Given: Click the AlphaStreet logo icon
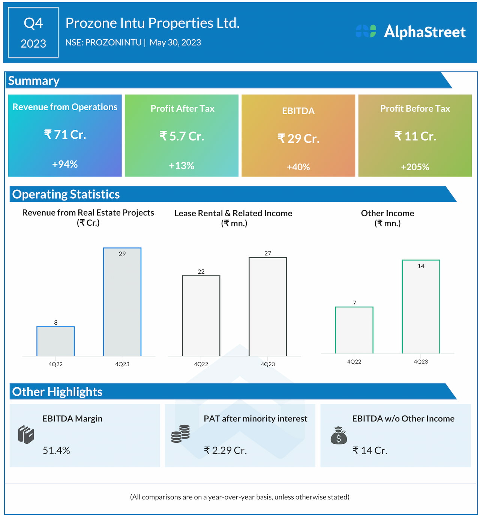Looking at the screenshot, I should tap(366, 31).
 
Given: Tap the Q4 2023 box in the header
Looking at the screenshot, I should tap(33, 33).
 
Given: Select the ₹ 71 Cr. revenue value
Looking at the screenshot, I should tap(65, 134).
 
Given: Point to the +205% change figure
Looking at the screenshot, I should tap(415, 167).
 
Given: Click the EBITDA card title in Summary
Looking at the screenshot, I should tap(298, 111).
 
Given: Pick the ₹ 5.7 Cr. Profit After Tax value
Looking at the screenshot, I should tap(182, 136).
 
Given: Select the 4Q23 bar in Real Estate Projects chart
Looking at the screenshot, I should tap(122, 302).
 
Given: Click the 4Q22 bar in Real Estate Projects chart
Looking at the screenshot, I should tap(55, 341).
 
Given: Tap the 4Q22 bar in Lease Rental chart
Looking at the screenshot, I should tap(201, 316).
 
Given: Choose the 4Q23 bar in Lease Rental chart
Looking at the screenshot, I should tap(268, 307).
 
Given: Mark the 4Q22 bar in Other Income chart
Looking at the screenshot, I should tap(354, 330).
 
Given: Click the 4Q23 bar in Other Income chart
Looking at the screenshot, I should tap(421, 307).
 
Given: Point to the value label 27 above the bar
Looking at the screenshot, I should tap(268, 253).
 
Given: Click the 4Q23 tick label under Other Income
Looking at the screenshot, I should tap(421, 362).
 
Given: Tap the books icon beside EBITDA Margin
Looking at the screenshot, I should tap(26, 435).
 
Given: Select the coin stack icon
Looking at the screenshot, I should tap(180, 434).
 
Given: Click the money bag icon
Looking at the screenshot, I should tap(339, 436).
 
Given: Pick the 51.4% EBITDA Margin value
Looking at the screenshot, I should tap(56, 450).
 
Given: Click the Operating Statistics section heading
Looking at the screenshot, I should tap(66, 194).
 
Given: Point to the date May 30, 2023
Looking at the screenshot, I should tap(175, 42).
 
